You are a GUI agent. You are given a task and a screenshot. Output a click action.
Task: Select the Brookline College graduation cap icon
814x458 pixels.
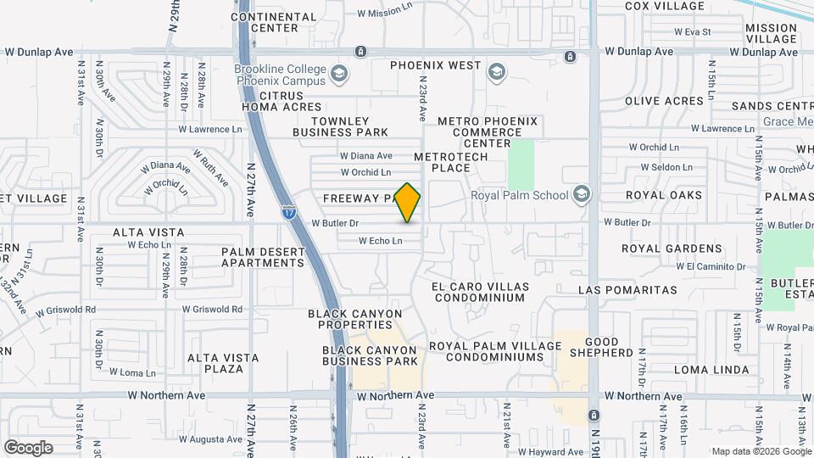click(339, 73)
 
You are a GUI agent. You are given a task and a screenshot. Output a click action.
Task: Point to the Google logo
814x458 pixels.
click(28, 447)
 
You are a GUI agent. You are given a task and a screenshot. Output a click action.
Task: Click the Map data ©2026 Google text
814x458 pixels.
click(761, 451)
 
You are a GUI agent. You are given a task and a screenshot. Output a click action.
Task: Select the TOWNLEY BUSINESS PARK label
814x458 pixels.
click(341, 126)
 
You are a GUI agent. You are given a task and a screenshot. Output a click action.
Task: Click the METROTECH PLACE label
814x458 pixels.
click(442, 162)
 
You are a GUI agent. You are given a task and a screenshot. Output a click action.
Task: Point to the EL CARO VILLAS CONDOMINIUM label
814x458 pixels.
click(478, 292)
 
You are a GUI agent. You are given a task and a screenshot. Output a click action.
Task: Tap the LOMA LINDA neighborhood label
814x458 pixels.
click(711, 370)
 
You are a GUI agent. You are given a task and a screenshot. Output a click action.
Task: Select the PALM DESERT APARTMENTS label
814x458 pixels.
click(263, 257)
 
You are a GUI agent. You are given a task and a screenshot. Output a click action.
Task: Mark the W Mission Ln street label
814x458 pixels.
click(384, 14)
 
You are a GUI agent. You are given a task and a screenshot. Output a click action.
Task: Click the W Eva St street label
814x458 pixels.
click(692, 32)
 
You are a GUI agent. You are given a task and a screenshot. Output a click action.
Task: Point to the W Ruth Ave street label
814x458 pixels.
click(210, 168)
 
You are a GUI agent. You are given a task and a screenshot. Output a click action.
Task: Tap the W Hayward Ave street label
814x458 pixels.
click(552, 452)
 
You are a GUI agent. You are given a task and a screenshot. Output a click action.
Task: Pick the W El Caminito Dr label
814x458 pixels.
click(711, 266)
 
